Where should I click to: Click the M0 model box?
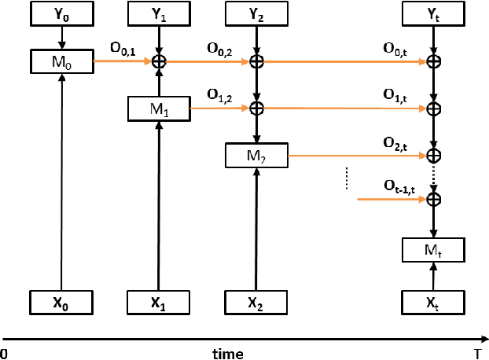pyautogui.click(x=61, y=61)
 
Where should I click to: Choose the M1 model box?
pyautogui.click(x=159, y=109)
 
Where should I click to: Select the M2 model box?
pyautogui.click(x=256, y=156)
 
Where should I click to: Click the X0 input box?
pyautogui.click(x=61, y=302)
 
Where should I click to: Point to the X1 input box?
pyautogui.click(x=159, y=302)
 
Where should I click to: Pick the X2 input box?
pyautogui.click(x=256, y=302)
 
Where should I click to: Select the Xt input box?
pyautogui.click(x=432, y=302)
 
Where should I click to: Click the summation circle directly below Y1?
pyautogui.click(x=159, y=61)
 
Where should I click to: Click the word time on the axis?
pyautogui.click(x=227, y=354)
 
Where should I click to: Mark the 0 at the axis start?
pyautogui.click(x=4, y=354)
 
